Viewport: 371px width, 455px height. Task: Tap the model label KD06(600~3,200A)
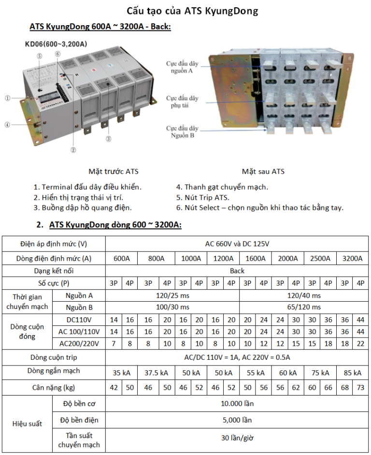click(56, 44)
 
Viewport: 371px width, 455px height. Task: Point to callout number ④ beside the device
click(7, 125)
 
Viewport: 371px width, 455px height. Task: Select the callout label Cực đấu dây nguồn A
click(182, 67)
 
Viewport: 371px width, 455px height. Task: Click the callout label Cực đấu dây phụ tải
click(182, 102)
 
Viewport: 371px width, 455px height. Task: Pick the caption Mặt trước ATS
click(114, 172)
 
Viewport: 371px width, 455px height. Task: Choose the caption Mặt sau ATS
click(263, 172)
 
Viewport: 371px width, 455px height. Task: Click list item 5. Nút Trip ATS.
click(202, 197)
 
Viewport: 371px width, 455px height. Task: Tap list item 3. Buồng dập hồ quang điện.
click(83, 207)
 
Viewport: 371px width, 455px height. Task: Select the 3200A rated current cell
click(352, 258)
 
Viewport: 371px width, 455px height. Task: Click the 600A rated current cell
click(122, 258)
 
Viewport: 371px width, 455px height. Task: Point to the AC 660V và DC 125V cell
click(237, 244)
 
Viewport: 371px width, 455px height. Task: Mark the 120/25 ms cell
click(172, 295)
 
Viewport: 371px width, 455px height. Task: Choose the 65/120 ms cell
click(303, 308)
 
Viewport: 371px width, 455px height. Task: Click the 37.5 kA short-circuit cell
click(156, 373)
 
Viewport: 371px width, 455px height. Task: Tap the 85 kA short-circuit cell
click(352, 373)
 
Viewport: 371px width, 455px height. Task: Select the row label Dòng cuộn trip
click(54, 358)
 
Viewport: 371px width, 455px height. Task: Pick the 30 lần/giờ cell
click(237, 439)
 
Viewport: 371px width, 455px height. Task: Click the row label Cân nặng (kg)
click(54, 387)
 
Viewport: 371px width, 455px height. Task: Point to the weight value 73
click(360, 387)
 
